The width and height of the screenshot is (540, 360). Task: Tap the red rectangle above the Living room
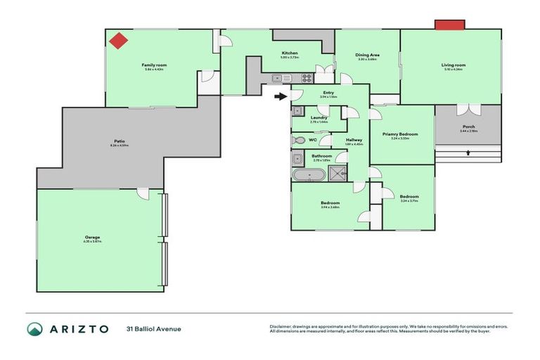point(449,25)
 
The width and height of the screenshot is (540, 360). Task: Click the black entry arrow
point(281,96)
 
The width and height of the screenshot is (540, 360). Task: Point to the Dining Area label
point(368,54)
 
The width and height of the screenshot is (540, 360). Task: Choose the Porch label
point(468,127)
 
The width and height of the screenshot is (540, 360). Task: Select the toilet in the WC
point(299,140)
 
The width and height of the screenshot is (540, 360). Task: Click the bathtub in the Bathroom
point(309,174)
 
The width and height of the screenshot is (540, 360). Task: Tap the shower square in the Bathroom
point(342,174)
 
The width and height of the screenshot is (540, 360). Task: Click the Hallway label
point(354,140)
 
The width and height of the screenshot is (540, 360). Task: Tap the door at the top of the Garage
point(142,193)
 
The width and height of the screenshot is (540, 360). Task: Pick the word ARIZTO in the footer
point(79,329)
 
